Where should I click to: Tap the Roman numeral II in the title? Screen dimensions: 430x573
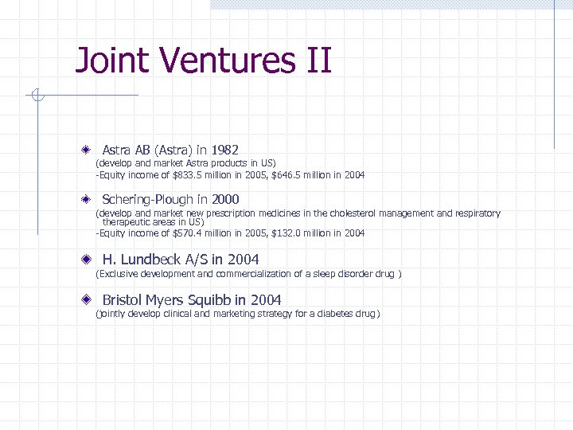[316, 61]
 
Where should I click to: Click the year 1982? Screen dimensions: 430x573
[224, 150]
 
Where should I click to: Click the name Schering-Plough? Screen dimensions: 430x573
[147, 199]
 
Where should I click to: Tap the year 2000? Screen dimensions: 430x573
[225, 199]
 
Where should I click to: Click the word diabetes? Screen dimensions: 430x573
[327, 314]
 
